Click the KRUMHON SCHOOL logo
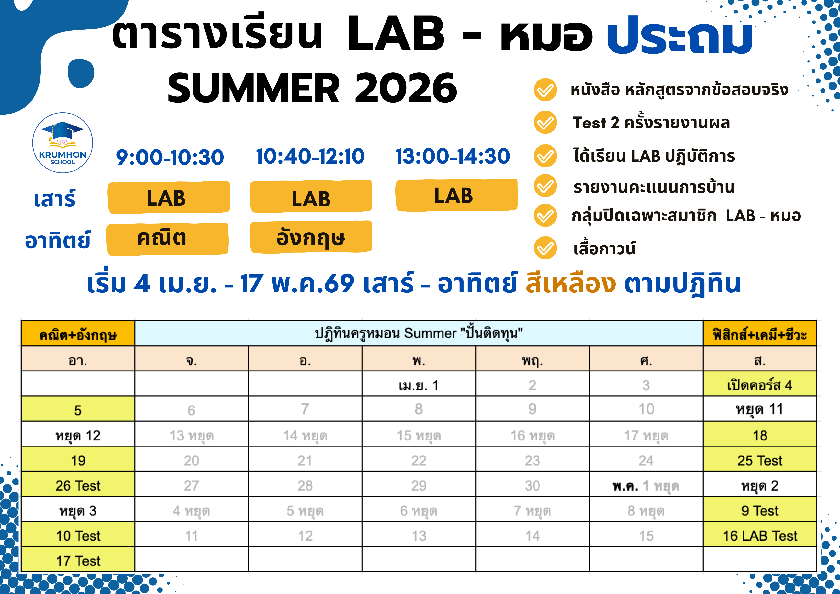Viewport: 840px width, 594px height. click(62, 143)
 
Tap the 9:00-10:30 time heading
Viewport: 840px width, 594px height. click(170, 157)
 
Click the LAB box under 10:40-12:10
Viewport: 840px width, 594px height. click(311, 197)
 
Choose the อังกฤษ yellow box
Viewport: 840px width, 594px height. click(311, 237)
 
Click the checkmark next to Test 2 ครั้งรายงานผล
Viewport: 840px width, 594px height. click(545, 122)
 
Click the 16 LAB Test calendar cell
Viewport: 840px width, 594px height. click(760, 536)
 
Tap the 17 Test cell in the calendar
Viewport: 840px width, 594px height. click(78, 560)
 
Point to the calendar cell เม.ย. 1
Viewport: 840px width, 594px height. click(419, 385)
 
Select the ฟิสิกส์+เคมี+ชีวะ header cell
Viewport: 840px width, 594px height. click(760, 334)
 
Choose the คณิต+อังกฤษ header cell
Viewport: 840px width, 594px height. click(78, 334)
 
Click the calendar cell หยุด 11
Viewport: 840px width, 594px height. click(760, 409)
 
